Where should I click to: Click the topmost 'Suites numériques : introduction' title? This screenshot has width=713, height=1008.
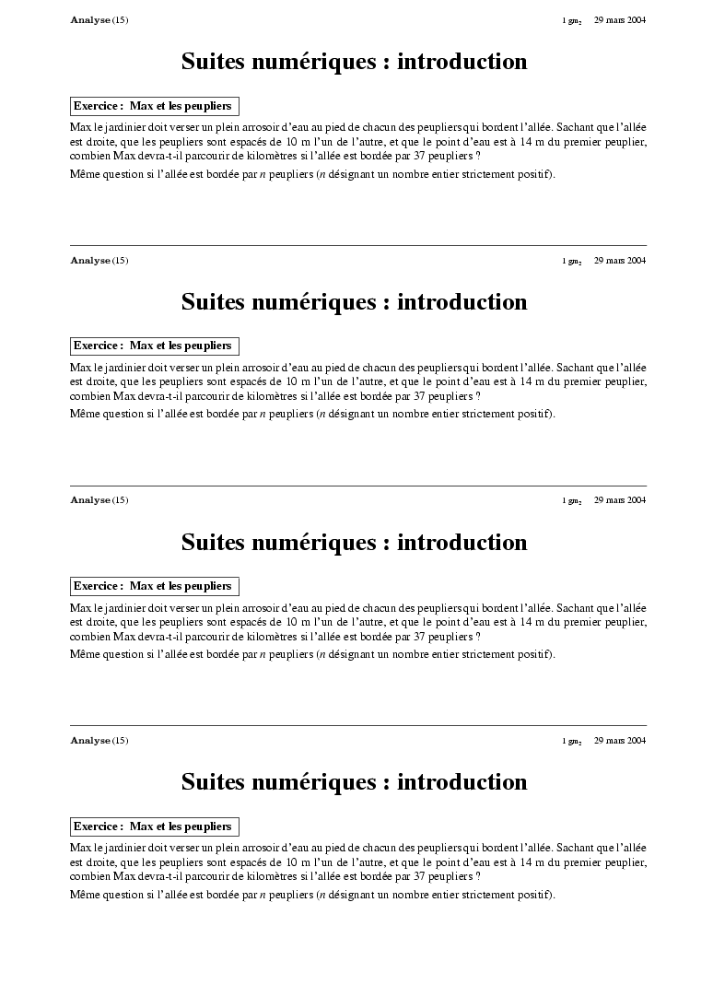[354, 62]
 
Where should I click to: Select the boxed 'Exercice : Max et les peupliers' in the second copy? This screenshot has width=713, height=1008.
[154, 346]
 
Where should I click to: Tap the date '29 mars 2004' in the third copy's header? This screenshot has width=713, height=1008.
[619, 500]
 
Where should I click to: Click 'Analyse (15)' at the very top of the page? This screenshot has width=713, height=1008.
[99, 20]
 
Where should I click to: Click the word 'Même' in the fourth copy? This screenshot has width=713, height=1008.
[84, 895]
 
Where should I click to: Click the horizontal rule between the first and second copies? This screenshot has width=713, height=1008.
[357, 245]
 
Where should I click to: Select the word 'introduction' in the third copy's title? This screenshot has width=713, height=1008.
[462, 542]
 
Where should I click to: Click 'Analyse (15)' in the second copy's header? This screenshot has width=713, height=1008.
[99, 260]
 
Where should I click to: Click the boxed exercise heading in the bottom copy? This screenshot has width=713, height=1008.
[154, 826]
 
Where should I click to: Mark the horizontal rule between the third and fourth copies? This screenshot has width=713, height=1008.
[357, 725]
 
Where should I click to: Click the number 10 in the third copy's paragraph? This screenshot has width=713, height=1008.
[291, 622]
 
